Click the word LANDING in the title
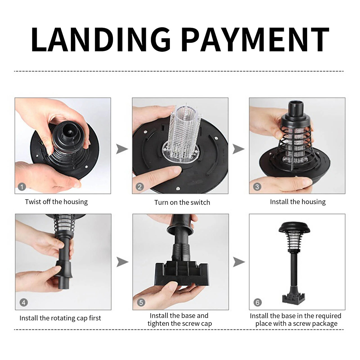101,39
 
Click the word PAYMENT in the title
256,39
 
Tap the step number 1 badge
22,186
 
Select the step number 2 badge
140,186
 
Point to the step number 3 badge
257,186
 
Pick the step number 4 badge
23,302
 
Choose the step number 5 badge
141,302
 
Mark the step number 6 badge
258,302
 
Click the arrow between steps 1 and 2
122,149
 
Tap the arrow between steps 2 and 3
239,149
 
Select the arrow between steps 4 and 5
122,262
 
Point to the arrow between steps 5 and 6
239,262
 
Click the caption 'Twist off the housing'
56,202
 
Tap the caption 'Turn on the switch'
182,202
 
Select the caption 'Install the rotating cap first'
60,318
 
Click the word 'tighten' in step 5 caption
158,324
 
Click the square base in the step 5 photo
181,273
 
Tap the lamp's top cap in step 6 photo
294,227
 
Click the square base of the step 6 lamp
294,298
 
